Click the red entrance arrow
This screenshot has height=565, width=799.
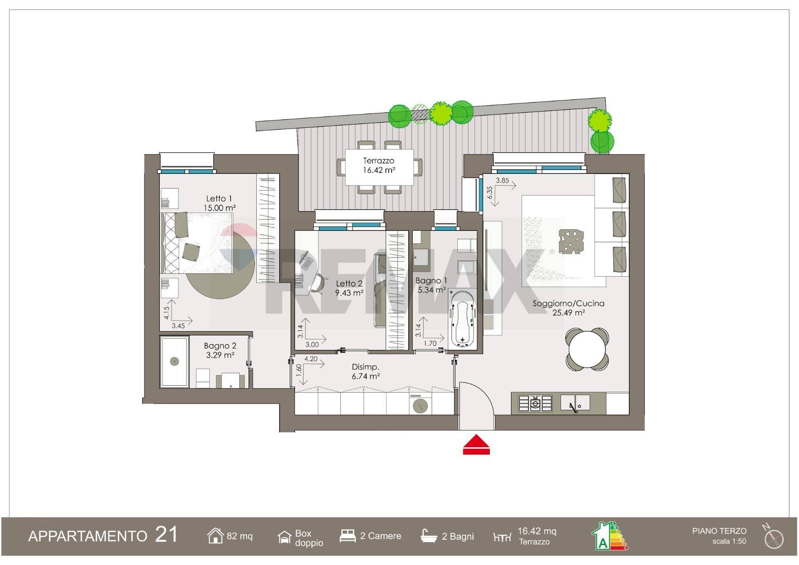pos(476,445)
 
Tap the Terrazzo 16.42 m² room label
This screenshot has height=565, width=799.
pos(379,165)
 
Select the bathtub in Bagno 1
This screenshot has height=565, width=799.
pos(462,318)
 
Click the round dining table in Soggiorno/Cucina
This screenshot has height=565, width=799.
pos(587,349)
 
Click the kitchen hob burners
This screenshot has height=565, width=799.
pos(535,403)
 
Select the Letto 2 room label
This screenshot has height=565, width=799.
pos(349,288)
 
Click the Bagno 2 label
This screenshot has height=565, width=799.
pos(220,350)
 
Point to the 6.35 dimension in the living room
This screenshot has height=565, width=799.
pos(490,193)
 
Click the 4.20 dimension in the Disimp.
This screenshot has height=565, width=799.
pos(311,359)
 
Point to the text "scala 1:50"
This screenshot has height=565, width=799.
pos(729,541)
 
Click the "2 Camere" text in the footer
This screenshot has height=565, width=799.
pos(381,536)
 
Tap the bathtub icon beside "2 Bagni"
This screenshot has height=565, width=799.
pos(429,536)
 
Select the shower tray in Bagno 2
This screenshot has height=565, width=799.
pos(175,362)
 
